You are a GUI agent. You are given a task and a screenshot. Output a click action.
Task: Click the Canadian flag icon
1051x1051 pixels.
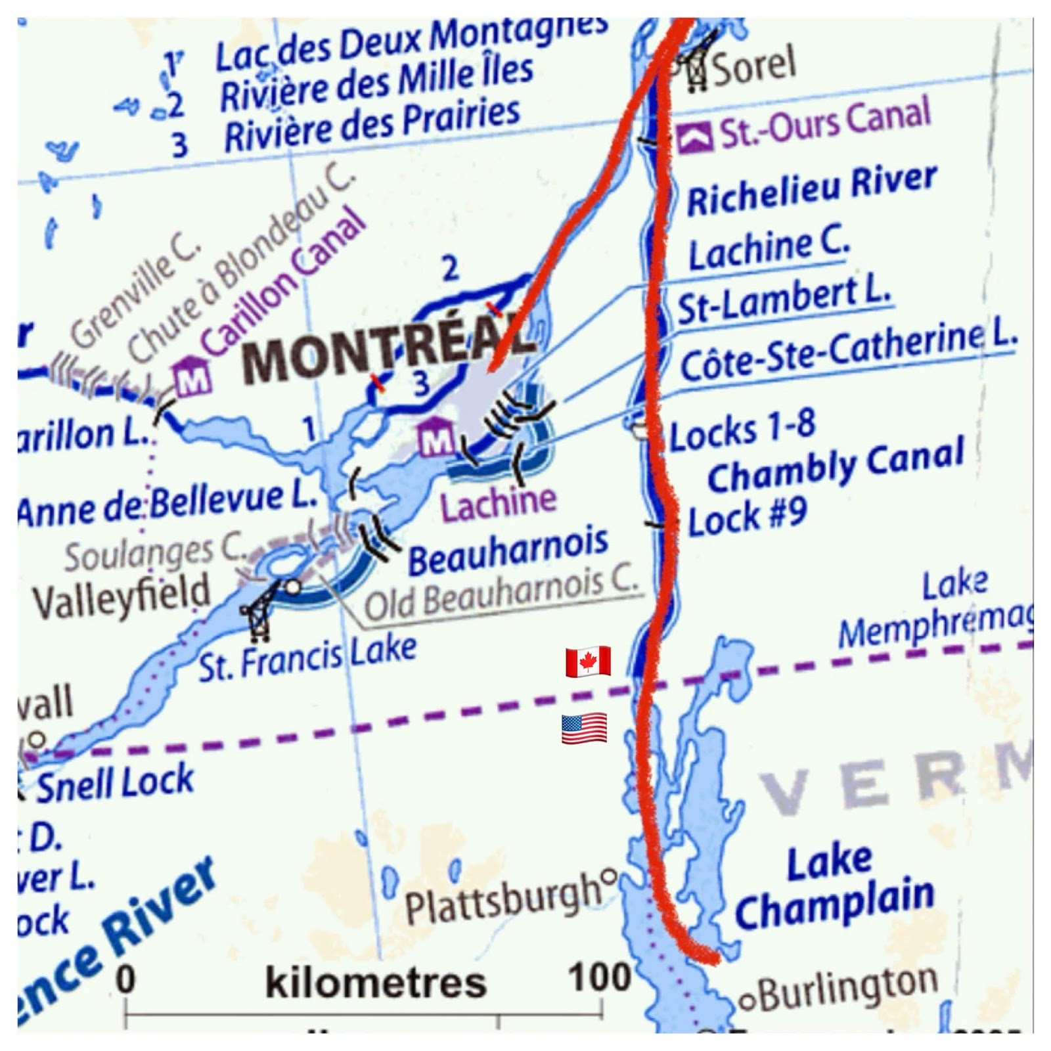(588, 661)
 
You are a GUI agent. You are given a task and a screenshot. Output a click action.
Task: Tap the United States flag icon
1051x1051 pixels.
(584, 728)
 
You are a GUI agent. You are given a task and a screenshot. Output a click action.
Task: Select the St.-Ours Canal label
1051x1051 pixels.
(825, 125)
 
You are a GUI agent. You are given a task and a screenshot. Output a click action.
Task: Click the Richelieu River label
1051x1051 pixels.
(811, 190)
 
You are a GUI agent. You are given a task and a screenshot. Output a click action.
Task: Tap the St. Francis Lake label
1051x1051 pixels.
(307, 658)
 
